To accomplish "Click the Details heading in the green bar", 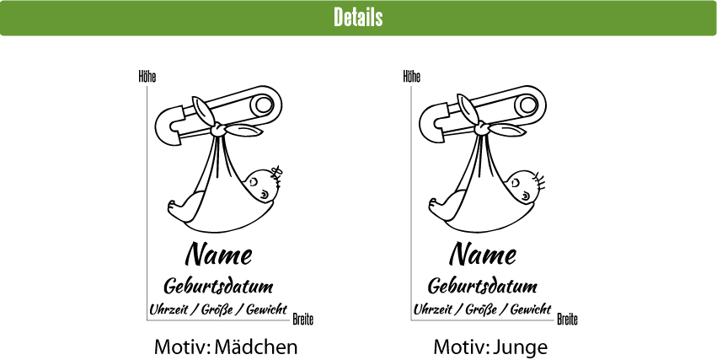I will [x=358, y=18].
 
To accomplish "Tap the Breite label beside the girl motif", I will [x=303, y=320].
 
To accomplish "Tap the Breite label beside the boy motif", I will [x=567, y=320].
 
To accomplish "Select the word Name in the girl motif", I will [x=218, y=253].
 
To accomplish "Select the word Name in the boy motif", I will [x=482, y=253].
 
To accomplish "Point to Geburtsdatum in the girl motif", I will [x=218, y=285].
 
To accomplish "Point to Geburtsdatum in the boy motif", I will [x=482, y=285].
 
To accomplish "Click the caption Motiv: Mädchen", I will [x=226, y=347].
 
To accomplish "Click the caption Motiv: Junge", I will [x=490, y=347].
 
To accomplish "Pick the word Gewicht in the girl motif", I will [x=266, y=309].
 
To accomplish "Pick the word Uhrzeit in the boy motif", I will [x=432, y=309].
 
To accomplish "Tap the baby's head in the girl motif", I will [x=263, y=185].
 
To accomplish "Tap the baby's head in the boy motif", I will [x=527, y=185].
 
